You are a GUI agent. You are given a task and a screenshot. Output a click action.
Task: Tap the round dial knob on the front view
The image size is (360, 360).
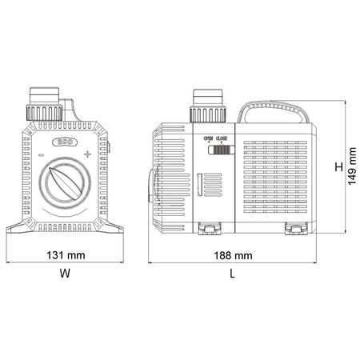[x=64, y=180]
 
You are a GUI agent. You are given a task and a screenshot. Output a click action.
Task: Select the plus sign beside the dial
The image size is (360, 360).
[x=87, y=153]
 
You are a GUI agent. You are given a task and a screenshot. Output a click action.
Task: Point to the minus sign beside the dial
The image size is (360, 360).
[x=41, y=154]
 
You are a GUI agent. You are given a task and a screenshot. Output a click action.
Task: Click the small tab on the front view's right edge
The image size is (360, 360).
[x=109, y=149]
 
